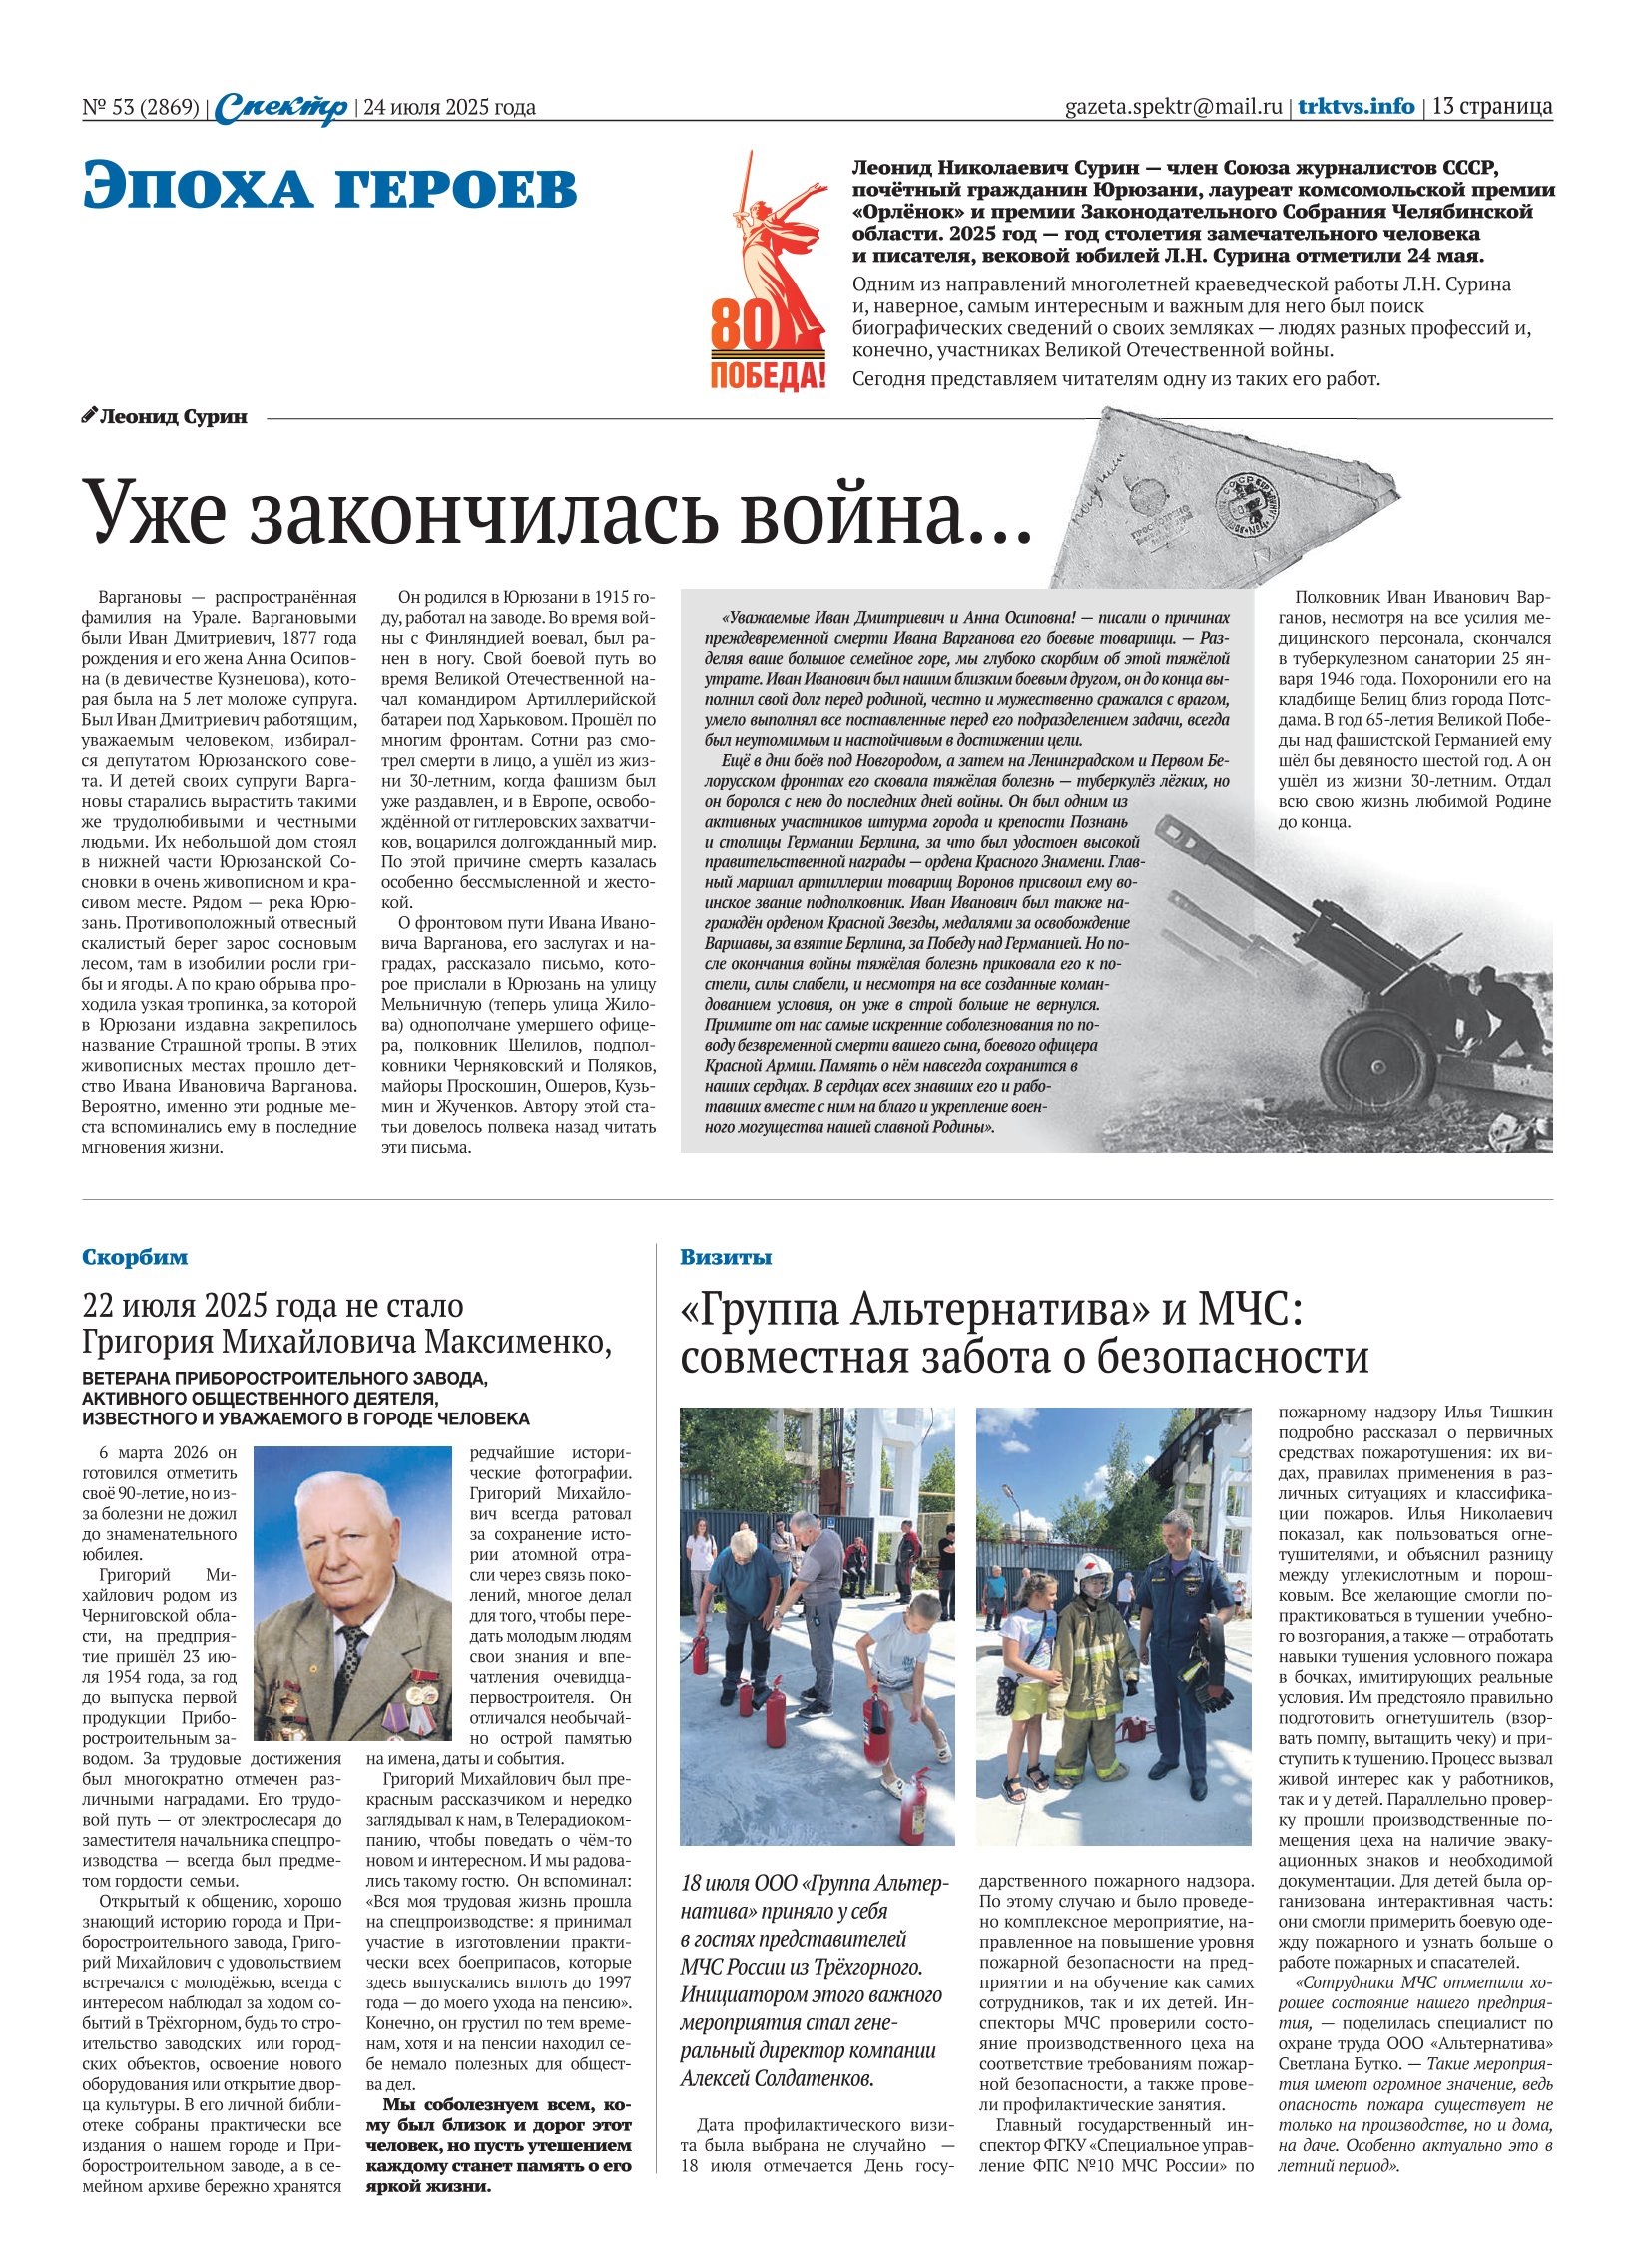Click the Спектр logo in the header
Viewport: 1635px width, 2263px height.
click(281, 107)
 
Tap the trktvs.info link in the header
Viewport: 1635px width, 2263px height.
click(1356, 106)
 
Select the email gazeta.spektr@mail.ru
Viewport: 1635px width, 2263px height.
click(1173, 107)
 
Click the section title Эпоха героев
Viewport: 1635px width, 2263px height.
click(329, 187)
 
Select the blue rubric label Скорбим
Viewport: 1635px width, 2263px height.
click(135, 1257)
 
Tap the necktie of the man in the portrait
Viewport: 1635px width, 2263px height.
click(350, 1658)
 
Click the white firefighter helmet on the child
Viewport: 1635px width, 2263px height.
click(1093, 1568)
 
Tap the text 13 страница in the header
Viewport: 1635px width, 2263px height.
click(1492, 106)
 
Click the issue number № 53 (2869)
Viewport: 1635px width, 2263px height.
click(141, 107)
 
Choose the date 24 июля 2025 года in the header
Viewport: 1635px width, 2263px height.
click(449, 107)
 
